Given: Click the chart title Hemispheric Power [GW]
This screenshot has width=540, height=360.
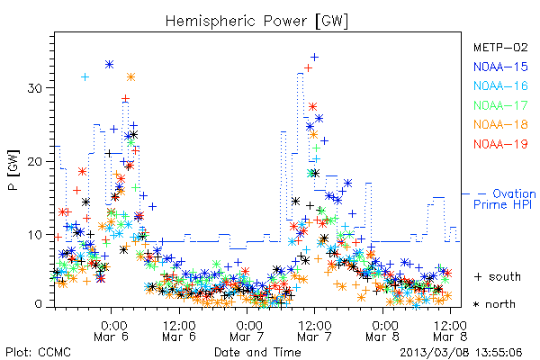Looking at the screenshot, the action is (x=256, y=22).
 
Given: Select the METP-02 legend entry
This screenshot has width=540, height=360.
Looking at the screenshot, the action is (x=500, y=48).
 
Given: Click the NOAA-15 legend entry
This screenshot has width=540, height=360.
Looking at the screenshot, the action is (x=500, y=67).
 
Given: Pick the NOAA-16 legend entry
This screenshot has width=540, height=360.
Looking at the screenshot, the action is (x=500, y=85).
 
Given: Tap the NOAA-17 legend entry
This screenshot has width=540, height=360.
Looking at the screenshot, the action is (x=500, y=105).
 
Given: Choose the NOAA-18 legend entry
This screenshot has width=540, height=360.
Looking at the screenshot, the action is (x=500, y=124).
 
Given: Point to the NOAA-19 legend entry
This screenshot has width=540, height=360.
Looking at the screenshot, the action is (x=500, y=144).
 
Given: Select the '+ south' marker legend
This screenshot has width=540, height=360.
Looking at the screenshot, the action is (x=498, y=276).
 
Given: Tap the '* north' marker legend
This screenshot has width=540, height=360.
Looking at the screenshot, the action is (x=494, y=304).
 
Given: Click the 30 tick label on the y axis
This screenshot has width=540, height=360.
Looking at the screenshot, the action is (x=34, y=88).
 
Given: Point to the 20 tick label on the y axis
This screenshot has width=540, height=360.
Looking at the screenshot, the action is (x=34, y=162).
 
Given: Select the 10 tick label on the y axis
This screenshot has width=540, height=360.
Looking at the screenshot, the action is (x=34, y=235).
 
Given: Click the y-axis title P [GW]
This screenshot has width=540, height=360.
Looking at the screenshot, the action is (x=13, y=170).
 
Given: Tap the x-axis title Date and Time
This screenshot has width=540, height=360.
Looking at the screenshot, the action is (x=257, y=352).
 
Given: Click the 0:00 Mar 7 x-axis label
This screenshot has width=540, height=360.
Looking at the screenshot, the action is (x=247, y=331).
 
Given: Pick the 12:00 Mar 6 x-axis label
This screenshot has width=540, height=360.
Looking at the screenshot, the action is (x=179, y=331).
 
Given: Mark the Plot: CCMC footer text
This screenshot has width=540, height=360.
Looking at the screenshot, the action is (x=38, y=352).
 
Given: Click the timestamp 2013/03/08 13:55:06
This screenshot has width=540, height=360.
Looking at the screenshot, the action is (x=461, y=353).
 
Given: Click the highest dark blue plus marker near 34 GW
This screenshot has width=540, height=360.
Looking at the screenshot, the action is (x=314, y=58).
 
